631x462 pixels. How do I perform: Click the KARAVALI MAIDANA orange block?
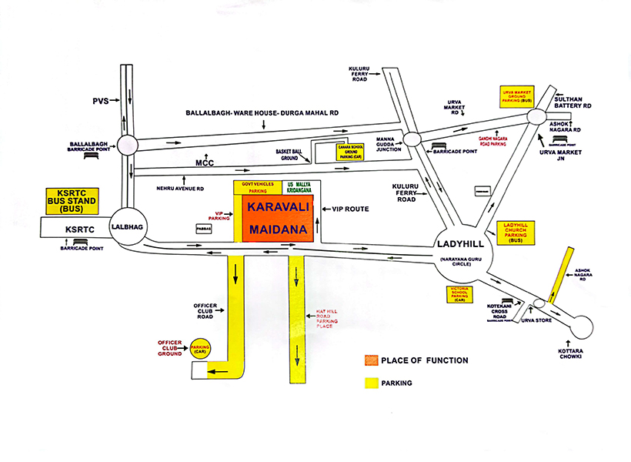(x=278, y=219)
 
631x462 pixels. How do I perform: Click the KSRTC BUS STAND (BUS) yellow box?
(x=69, y=201)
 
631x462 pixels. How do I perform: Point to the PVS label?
(x=102, y=100)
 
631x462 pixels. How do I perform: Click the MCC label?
(x=203, y=162)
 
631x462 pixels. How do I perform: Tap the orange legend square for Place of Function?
(x=372, y=360)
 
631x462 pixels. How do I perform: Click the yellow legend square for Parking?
(x=372, y=383)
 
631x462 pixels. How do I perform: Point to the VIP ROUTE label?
(x=349, y=209)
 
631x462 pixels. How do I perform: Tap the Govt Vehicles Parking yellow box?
(x=258, y=186)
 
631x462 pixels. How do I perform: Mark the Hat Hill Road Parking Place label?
(x=330, y=319)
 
